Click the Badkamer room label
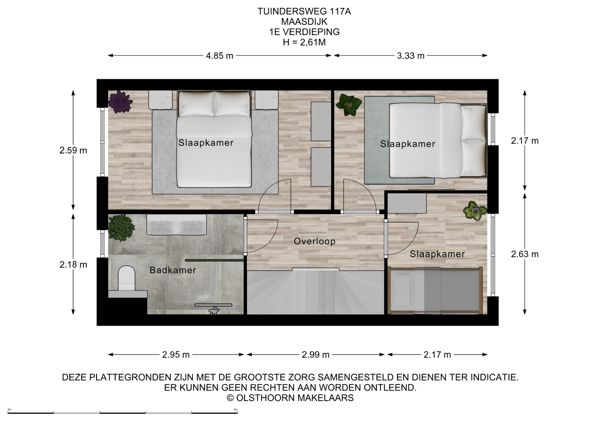point(173,270)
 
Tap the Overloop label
point(315,241)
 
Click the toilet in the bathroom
point(126,278)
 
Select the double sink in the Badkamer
point(177,224)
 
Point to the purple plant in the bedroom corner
point(120,102)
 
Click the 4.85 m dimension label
point(220,56)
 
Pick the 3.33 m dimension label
point(411,56)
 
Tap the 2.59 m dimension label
point(73,150)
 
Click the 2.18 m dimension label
point(73,264)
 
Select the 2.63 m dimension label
point(525,254)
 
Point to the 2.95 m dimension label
point(176,354)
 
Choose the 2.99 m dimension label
point(316,354)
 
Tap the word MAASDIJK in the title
point(304,21)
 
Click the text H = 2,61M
point(304,42)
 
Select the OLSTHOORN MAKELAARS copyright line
point(290,398)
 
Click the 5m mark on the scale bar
point(236,410)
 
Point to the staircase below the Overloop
point(316,292)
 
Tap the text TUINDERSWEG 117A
point(304,12)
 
